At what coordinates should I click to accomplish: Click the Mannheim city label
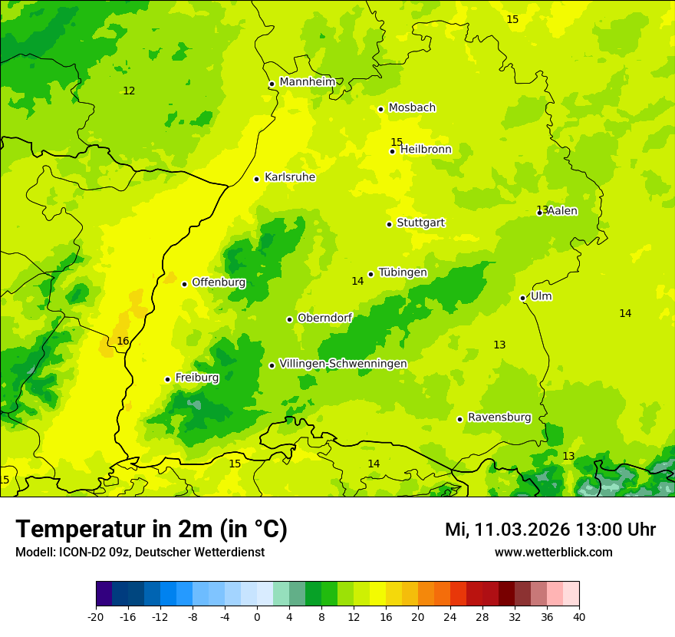(x=307, y=82)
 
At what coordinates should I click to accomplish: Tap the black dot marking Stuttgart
(x=389, y=224)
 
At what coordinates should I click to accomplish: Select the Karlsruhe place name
(x=289, y=177)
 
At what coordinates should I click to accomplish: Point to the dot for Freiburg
(x=167, y=379)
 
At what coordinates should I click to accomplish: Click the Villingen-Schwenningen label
(x=343, y=364)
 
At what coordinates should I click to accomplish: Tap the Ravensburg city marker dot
(x=459, y=419)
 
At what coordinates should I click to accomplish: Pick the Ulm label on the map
(x=541, y=296)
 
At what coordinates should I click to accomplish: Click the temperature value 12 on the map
(x=129, y=91)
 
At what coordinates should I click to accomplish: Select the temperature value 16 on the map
(x=123, y=342)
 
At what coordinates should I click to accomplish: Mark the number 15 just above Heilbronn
(x=397, y=142)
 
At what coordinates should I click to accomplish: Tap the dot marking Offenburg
(x=184, y=284)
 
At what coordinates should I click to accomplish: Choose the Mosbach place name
(x=412, y=108)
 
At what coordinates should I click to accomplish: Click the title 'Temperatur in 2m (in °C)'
(x=151, y=529)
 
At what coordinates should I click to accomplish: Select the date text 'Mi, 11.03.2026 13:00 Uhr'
(x=550, y=530)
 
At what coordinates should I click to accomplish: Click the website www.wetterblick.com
(x=553, y=553)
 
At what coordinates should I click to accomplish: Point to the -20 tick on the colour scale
(x=96, y=616)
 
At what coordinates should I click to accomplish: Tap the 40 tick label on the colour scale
(x=578, y=616)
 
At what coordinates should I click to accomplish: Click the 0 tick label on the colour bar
(x=257, y=616)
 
